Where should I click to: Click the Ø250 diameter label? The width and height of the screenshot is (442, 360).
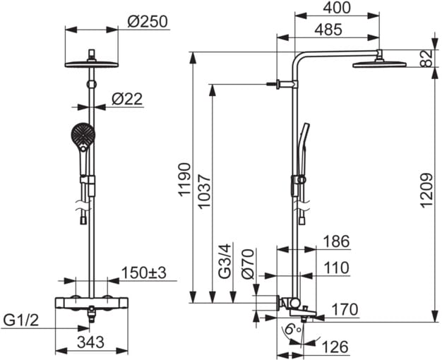[148, 21]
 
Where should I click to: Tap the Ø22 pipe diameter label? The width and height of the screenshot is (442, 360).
[127, 99]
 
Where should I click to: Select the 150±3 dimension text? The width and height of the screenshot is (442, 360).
[144, 272]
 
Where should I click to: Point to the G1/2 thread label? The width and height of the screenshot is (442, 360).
[20, 320]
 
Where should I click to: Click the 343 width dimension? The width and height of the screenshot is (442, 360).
[91, 342]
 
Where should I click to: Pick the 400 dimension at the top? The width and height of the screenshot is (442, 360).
[337, 8]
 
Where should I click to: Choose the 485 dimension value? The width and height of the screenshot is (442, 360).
[328, 30]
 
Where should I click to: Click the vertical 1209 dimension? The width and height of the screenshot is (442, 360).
[426, 191]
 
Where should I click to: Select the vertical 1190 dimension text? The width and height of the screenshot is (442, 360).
[184, 179]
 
